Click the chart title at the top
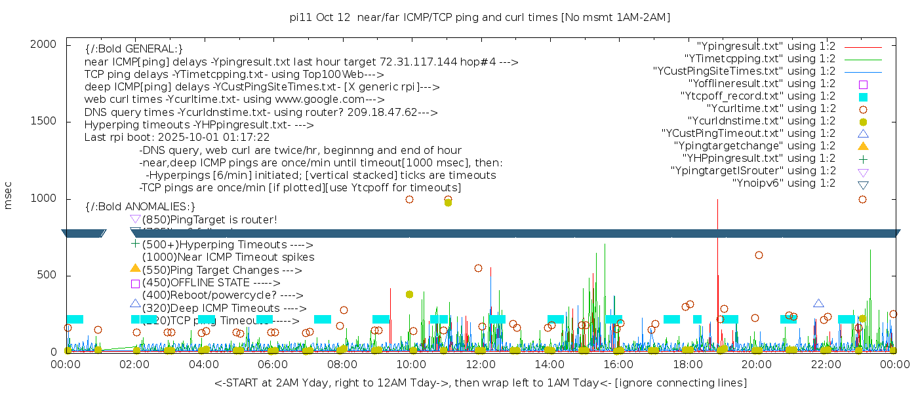tap(480, 18)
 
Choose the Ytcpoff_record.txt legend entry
tap(757, 96)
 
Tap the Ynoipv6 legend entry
tap(784, 183)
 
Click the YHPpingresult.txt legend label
tap(759, 158)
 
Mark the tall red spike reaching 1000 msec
tap(718, 203)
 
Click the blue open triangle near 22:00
tap(818, 303)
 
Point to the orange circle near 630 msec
tap(759, 255)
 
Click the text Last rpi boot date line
tap(177, 138)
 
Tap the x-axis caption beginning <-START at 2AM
tap(480, 382)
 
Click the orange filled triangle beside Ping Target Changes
tap(135, 268)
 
